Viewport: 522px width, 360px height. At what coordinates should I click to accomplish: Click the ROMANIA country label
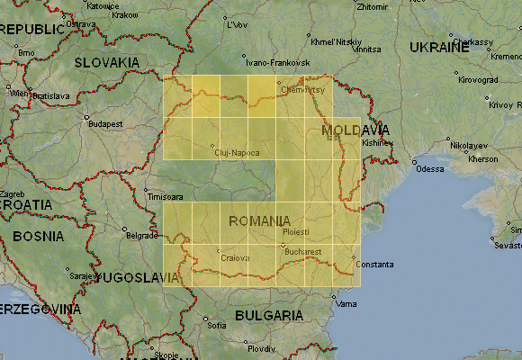(260, 220)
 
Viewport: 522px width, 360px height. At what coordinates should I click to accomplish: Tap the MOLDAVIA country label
(355, 131)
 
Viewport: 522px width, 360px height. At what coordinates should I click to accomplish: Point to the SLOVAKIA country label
(106, 62)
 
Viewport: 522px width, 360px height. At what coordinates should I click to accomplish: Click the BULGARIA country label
(268, 316)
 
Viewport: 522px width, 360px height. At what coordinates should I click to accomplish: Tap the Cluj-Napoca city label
(238, 153)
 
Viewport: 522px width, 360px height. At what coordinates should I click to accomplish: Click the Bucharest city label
(302, 251)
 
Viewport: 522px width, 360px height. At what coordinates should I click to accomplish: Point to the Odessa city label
(431, 168)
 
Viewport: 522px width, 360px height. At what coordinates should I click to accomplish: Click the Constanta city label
(374, 265)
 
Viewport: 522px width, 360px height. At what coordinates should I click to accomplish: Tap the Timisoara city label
(165, 196)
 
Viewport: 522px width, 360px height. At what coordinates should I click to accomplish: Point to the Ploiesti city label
(296, 232)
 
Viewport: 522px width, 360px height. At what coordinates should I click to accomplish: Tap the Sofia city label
(216, 325)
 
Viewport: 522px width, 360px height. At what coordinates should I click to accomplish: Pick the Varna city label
(346, 303)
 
